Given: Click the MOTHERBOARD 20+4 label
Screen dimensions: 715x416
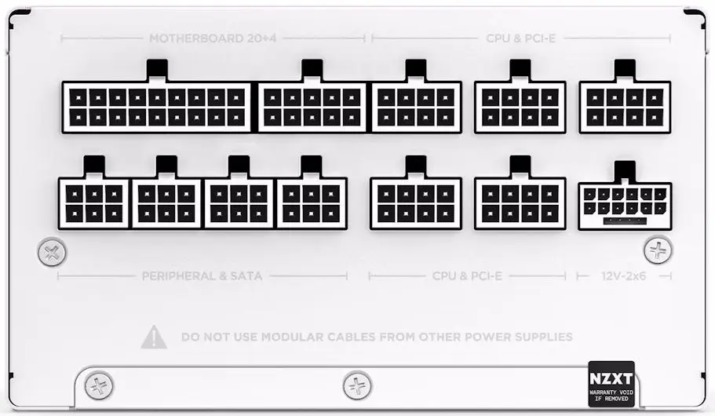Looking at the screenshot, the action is [x=213, y=38].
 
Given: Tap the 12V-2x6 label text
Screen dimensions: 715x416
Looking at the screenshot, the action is [x=623, y=276].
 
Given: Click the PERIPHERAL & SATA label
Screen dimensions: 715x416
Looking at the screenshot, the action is [x=202, y=276].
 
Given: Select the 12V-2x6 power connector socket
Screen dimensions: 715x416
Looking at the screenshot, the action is [x=625, y=206].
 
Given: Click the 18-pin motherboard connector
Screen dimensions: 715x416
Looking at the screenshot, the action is [x=156, y=108].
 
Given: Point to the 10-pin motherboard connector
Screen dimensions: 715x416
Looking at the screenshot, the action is [x=312, y=108].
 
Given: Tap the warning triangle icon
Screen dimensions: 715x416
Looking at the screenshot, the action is [x=154, y=337].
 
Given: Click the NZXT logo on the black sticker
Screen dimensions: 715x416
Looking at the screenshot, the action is [x=611, y=378].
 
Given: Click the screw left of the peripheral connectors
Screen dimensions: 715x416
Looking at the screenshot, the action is [x=52, y=252].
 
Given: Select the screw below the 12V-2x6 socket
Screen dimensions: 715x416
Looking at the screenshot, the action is [x=658, y=250].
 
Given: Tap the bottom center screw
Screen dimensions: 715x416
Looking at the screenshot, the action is [x=357, y=386].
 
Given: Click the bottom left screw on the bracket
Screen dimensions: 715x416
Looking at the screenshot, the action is [x=99, y=386].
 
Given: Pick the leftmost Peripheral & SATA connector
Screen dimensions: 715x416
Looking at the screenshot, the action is [x=94, y=203].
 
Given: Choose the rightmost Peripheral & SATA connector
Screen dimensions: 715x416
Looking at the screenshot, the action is [x=312, y=203].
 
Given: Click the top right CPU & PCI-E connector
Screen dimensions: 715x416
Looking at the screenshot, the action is [x=625, y=108].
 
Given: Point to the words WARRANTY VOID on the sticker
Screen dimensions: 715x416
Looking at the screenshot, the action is [x=611, y=392].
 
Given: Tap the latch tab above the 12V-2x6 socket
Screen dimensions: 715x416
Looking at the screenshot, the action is [x=625, y=171].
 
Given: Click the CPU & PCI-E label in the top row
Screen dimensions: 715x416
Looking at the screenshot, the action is [x=520, y=38].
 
